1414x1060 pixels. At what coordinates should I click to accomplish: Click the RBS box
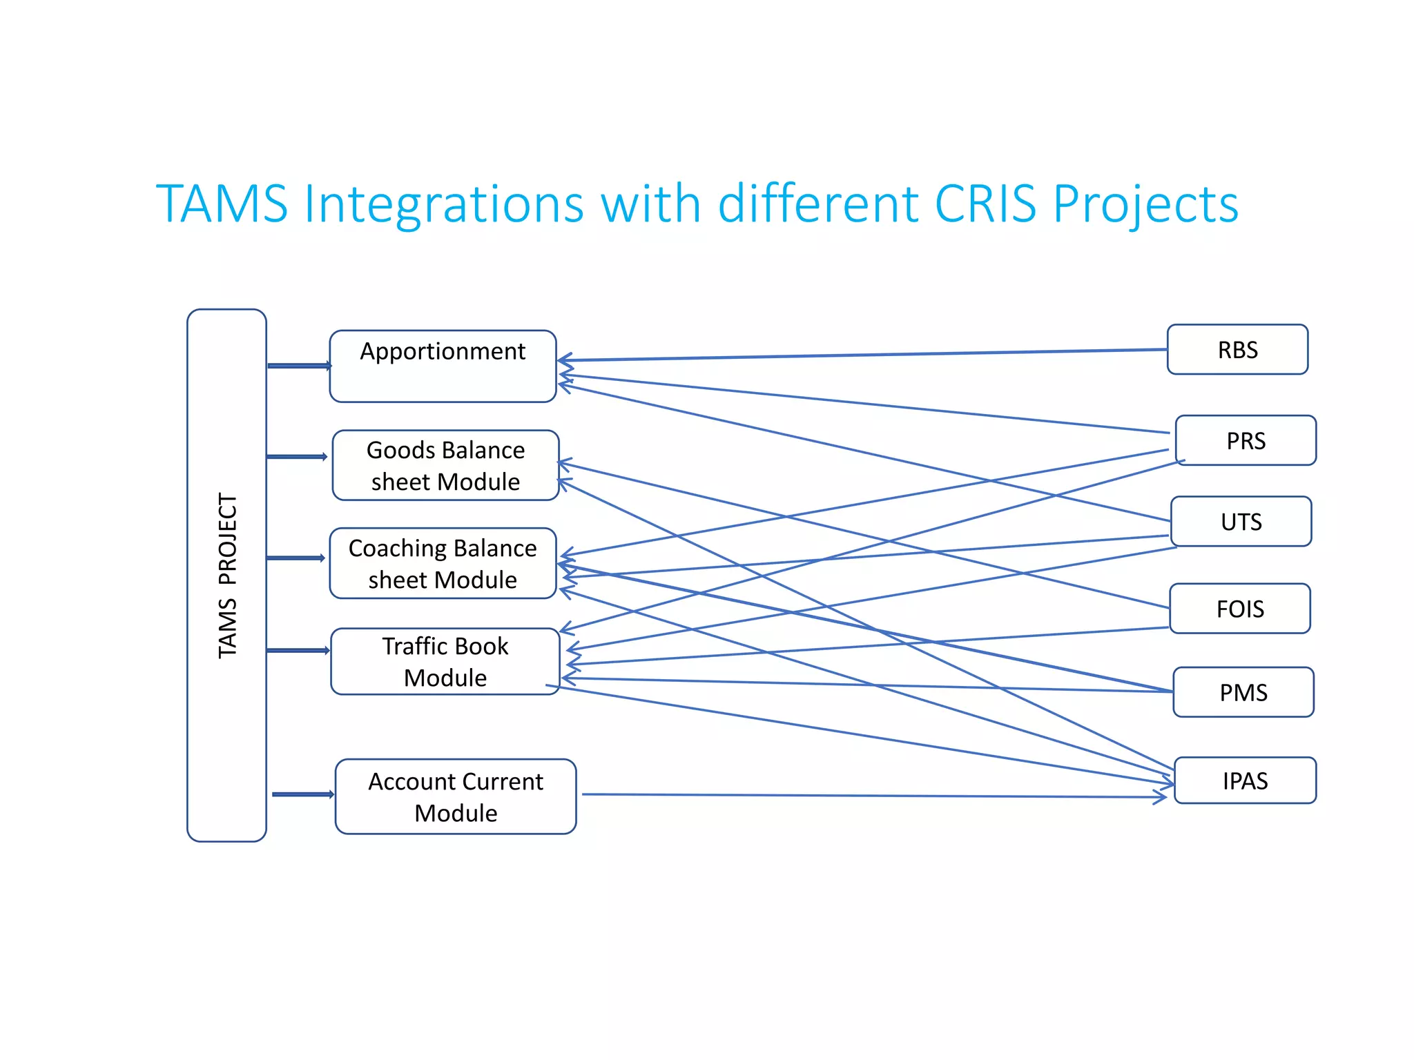click(x=1237, y=350)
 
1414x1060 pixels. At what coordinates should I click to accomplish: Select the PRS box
click(x=1246, y=440)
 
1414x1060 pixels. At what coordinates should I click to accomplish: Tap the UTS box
click(x=1241, y=522)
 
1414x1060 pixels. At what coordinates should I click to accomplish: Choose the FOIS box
click(x=1240, y=609)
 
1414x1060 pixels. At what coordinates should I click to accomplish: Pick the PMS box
click(x=1243, y=692)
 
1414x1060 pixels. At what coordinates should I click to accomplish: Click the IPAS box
click(x=1245, y=781)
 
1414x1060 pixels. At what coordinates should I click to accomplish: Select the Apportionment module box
click(x=443, y=366)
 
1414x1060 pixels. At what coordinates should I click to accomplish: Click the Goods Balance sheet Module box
click(x=445, y=465)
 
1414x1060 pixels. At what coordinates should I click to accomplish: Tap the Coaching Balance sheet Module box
click(x=443, y=563)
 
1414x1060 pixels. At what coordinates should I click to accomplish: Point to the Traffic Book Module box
click(x=445, y=661)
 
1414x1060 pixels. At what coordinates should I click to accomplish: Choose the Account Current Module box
click(x=456, y=796)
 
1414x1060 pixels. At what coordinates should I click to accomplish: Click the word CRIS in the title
click(x=985, y=204)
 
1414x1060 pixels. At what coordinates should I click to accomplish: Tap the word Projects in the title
click(x=1145, y=204)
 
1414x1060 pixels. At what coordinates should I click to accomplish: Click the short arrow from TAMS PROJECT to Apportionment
click(x=298, y=366)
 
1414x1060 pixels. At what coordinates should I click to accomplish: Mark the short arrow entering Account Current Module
click(x=302, y=794)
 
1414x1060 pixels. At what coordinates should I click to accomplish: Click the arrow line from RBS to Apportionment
click(x=863, y=355)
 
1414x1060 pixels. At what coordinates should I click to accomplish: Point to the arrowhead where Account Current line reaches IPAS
click(x=1161, y=797)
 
